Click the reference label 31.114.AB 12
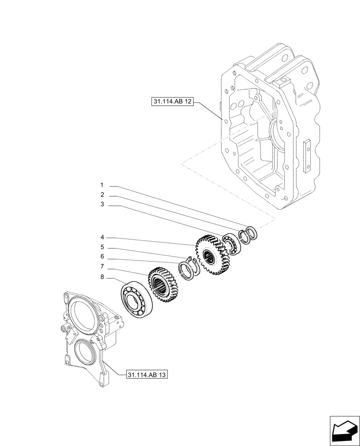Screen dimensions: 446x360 click(172, 102)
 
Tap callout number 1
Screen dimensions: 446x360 click(102, 185)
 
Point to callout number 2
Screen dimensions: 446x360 click(102, 195)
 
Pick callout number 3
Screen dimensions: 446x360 click(102, 205)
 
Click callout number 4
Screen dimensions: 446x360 click(102, 237)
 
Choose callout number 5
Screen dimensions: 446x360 click(102, 247)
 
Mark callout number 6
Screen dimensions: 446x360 click(102, 257)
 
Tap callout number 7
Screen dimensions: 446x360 click(102, 267)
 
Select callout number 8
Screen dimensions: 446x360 click(102, 277)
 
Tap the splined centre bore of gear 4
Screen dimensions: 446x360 click(210, 256)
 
